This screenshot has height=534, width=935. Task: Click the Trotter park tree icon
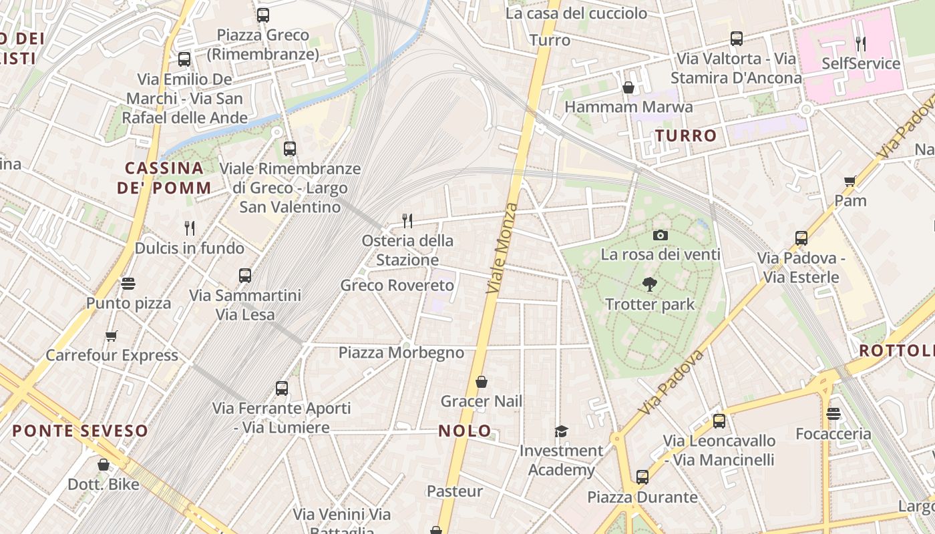click(649, 285)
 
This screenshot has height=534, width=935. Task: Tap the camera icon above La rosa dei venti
click(660, 235)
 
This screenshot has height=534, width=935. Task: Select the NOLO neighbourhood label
click(465, 431)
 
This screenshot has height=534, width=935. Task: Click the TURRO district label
click(686, 136)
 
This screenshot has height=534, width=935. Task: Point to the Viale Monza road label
click(502, 248)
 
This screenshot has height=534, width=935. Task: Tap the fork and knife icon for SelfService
click(860, 44)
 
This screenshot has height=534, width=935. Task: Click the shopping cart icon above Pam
click(850, 181)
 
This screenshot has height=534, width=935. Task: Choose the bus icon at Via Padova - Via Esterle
click(801, 238)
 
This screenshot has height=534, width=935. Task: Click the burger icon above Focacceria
click(833, 414)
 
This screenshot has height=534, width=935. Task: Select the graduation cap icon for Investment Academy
click(561, 431)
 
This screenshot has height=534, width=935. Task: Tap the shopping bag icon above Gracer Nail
click(481, 382)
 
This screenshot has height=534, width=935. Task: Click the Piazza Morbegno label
click(401, 352)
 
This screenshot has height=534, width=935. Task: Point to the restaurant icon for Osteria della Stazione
click(407, 220)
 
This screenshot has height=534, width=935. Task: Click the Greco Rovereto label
click(397, 285)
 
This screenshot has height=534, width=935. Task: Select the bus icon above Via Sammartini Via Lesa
click(245, 275)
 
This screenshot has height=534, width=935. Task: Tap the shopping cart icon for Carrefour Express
click(112, 336)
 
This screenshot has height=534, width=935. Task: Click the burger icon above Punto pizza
click(128, 284)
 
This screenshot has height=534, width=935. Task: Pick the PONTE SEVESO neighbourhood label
click(80, 431)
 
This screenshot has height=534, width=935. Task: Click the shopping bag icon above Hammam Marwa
click(628, 87)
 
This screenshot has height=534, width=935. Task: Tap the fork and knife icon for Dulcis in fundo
click(190, 228)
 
